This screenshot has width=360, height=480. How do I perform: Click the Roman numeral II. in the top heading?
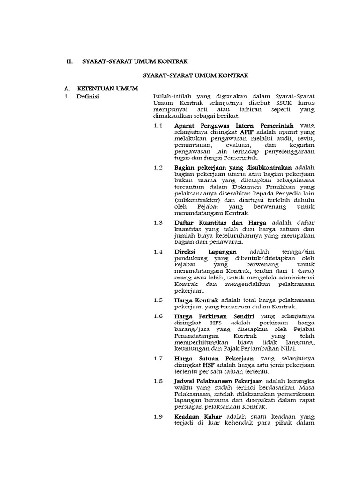click(69, 61)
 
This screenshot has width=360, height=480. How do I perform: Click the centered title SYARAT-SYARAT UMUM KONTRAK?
click(195, 75)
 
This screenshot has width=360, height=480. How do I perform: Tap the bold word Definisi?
click(88, 97)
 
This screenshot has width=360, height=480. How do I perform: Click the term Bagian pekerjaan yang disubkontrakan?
click(233, 167)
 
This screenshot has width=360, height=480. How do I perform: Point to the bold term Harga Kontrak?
click(196, 300)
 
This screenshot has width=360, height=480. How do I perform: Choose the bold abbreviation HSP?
click(209, 365)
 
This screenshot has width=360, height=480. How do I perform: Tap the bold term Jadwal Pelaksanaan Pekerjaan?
click(218, 381)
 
